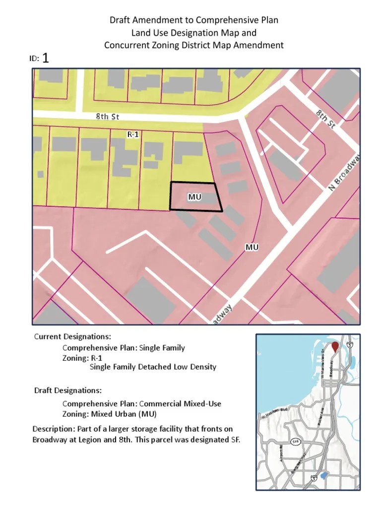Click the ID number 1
click(x=46, y=59)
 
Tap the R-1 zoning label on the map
click(x=133, y=134)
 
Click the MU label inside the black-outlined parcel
click(x=194, y=197)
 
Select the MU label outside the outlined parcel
click(x=252, y=247)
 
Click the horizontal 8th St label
click(x=108, y=117)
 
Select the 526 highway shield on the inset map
click(x=295, y=441)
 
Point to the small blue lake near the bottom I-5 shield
click(x=324, y=475)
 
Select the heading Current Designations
click(x=69, y=337)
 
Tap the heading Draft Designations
click(x=68, y=390)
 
